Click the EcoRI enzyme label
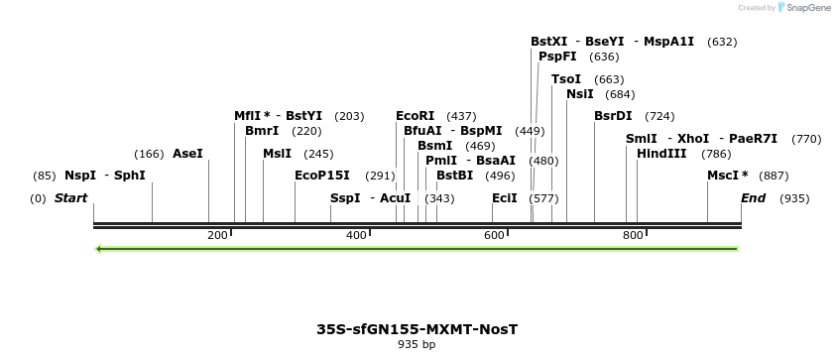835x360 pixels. click(x=415, y=116)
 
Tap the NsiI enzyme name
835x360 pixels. click(x=579, y=94)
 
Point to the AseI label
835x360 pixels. click(x=187, y=154)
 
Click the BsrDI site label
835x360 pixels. click(x=613, y=116)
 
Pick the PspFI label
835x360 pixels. click(x=557, y=57)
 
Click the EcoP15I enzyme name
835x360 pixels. click(x=322, y=176)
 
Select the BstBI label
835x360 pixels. click(x=455, y=176)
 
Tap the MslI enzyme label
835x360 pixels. click(x=277, y=154)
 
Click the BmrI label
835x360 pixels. click(x=262, y=131)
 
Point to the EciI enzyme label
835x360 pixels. click(x=505, y=198)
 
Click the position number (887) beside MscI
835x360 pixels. click(x=775, y=176)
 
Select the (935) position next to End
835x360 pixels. click(x=794, y=198)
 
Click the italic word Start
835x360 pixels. click(x=71, y=198)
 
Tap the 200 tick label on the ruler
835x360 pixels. click(x=218, y=235)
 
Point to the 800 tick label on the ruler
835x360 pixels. click(x=633, y=235)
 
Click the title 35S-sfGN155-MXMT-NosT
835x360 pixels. click(x=417, y=329)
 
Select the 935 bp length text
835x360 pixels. click(x=417, y=345)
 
